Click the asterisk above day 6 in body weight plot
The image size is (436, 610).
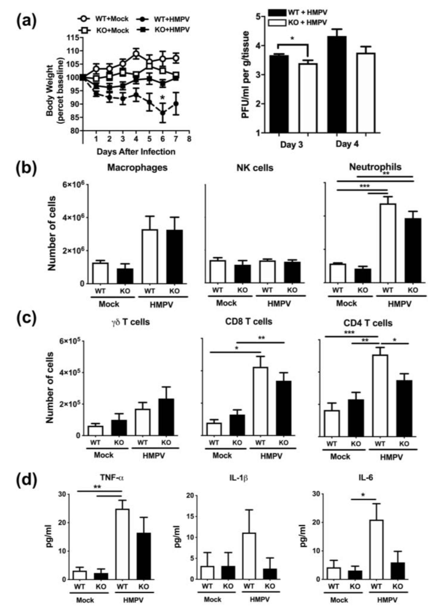[x=163, y=98]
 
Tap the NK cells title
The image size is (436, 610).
[x=255, y=168]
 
